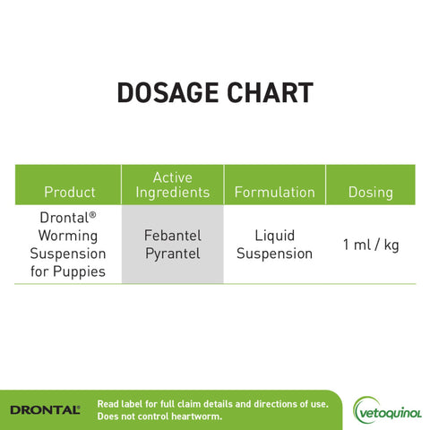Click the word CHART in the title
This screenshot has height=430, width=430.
[271, 93]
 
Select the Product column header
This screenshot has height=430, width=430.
[69, 192]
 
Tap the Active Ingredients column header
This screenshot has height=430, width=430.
[173, 185]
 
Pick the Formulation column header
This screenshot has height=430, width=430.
[274, 192]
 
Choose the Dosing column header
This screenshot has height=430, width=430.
[371, 192]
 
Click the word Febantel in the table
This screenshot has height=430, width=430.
[173, 236]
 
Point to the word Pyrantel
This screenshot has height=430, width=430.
[173, 254]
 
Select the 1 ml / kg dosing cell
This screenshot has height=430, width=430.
[371, 245]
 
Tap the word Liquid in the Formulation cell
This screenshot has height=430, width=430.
[274, 236]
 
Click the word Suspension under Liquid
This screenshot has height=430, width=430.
[274, 254]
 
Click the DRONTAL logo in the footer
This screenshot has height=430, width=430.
[45, 409]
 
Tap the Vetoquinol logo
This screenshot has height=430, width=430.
[387, 409]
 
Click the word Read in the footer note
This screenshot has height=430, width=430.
[107, 404]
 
